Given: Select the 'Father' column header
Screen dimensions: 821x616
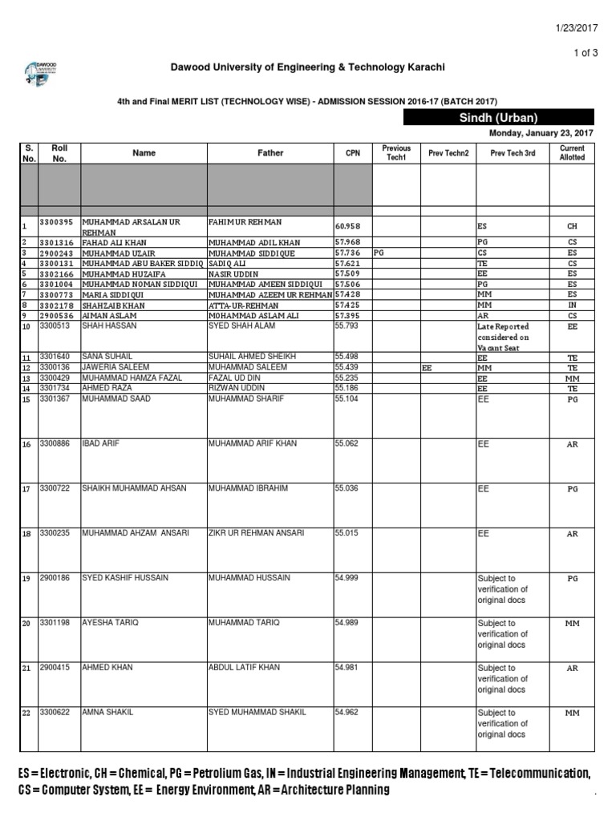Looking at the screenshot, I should click(x=270, y=152).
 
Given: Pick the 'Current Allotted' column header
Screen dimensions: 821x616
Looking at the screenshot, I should click(x=572, y=152).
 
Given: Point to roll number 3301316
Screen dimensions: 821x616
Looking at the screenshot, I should click(x=58, y=242).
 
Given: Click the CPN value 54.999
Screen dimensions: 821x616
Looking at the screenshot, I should click(x=346, y=577).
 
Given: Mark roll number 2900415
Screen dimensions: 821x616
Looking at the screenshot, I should click(x=55, y=667).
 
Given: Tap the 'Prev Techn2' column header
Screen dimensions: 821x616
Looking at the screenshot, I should click(x=448, y=152).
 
